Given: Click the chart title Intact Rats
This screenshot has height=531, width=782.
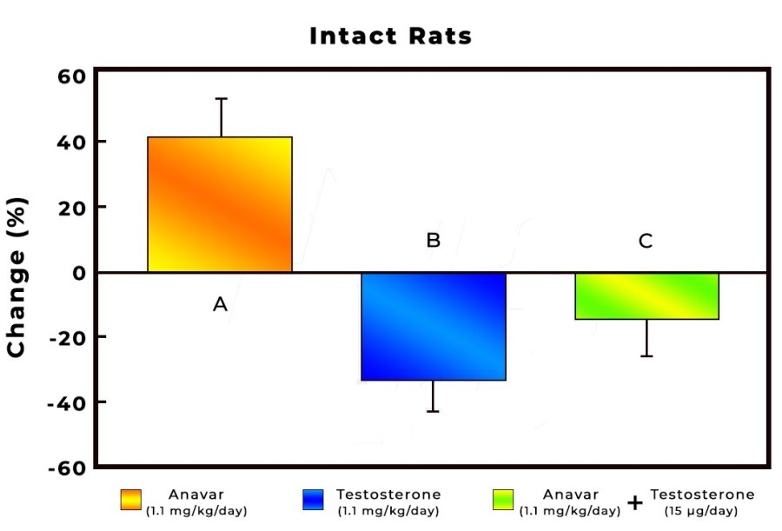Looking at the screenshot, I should [x=391, y=37].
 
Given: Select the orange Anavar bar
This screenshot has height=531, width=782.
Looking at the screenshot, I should [x=220, y=204].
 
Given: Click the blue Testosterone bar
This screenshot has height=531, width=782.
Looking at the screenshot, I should [x=434, y=326].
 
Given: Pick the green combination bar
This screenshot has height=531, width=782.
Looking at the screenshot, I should [x=646, y=295].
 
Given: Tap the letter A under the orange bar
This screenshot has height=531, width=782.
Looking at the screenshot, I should [x=220, y=304].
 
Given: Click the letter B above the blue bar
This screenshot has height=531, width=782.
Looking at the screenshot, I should [x=433, y=241].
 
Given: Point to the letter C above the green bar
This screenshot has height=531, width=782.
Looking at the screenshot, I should [x=646, y=241].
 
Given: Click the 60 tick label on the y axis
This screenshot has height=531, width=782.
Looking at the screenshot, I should [x=70, y=76].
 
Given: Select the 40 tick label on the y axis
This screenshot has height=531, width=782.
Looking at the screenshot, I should [x=70, y=142].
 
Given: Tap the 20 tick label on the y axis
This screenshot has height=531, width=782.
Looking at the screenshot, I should [x=70, y=207].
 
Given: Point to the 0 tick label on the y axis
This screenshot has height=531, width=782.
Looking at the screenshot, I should [x=78, y=272].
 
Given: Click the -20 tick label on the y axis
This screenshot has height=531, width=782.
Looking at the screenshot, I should [x=66, y=337].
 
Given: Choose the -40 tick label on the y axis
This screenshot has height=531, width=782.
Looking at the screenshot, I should [x=66, y=402].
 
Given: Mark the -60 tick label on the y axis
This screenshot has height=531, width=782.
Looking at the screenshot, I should [x=66, y=468].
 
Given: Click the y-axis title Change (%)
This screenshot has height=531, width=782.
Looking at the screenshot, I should [x=17, y=276].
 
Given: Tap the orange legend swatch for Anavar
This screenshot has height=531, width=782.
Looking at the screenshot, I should [x=130, y=500].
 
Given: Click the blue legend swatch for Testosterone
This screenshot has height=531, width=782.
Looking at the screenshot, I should [x=313, y=500].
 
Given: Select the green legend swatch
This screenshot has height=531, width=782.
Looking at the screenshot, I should [x=503, y=500].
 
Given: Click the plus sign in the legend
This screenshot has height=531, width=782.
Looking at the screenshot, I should [x=635, y=502].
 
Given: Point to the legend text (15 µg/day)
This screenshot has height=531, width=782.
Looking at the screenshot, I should [x=702, y=510].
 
